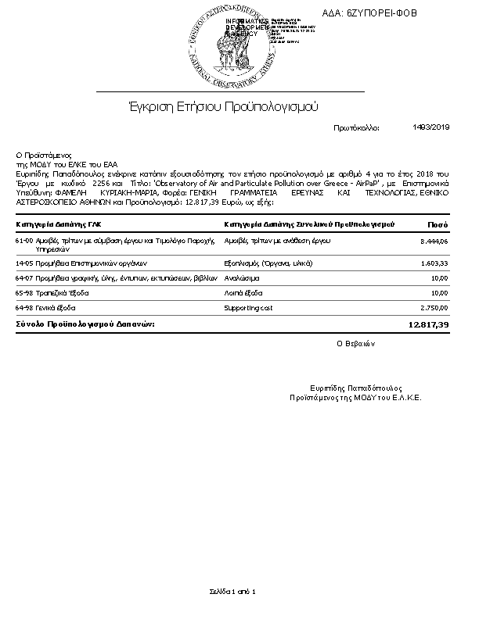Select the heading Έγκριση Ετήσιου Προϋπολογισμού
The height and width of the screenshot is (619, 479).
pos(223,106)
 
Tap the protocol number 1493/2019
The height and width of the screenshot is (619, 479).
pos(431,127)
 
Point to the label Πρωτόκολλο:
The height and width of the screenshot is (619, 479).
pos(356,127)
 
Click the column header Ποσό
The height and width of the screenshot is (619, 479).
pos(437,225)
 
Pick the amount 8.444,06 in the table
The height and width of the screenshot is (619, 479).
pos(434,242)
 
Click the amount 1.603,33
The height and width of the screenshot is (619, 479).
pos(434,265)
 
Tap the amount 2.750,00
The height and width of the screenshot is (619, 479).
pos(434,308)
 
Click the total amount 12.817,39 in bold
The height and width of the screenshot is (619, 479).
pos(429,324)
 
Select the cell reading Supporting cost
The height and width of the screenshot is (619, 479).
pos(250,308)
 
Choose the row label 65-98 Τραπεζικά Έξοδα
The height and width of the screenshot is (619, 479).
pos(52,293)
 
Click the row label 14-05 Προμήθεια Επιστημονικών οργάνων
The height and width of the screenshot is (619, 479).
pos(79,265)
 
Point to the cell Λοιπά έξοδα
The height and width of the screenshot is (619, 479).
pos(243,293)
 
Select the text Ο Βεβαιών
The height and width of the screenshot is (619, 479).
pos(356,343)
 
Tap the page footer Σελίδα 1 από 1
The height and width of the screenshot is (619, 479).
pos(232,591)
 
